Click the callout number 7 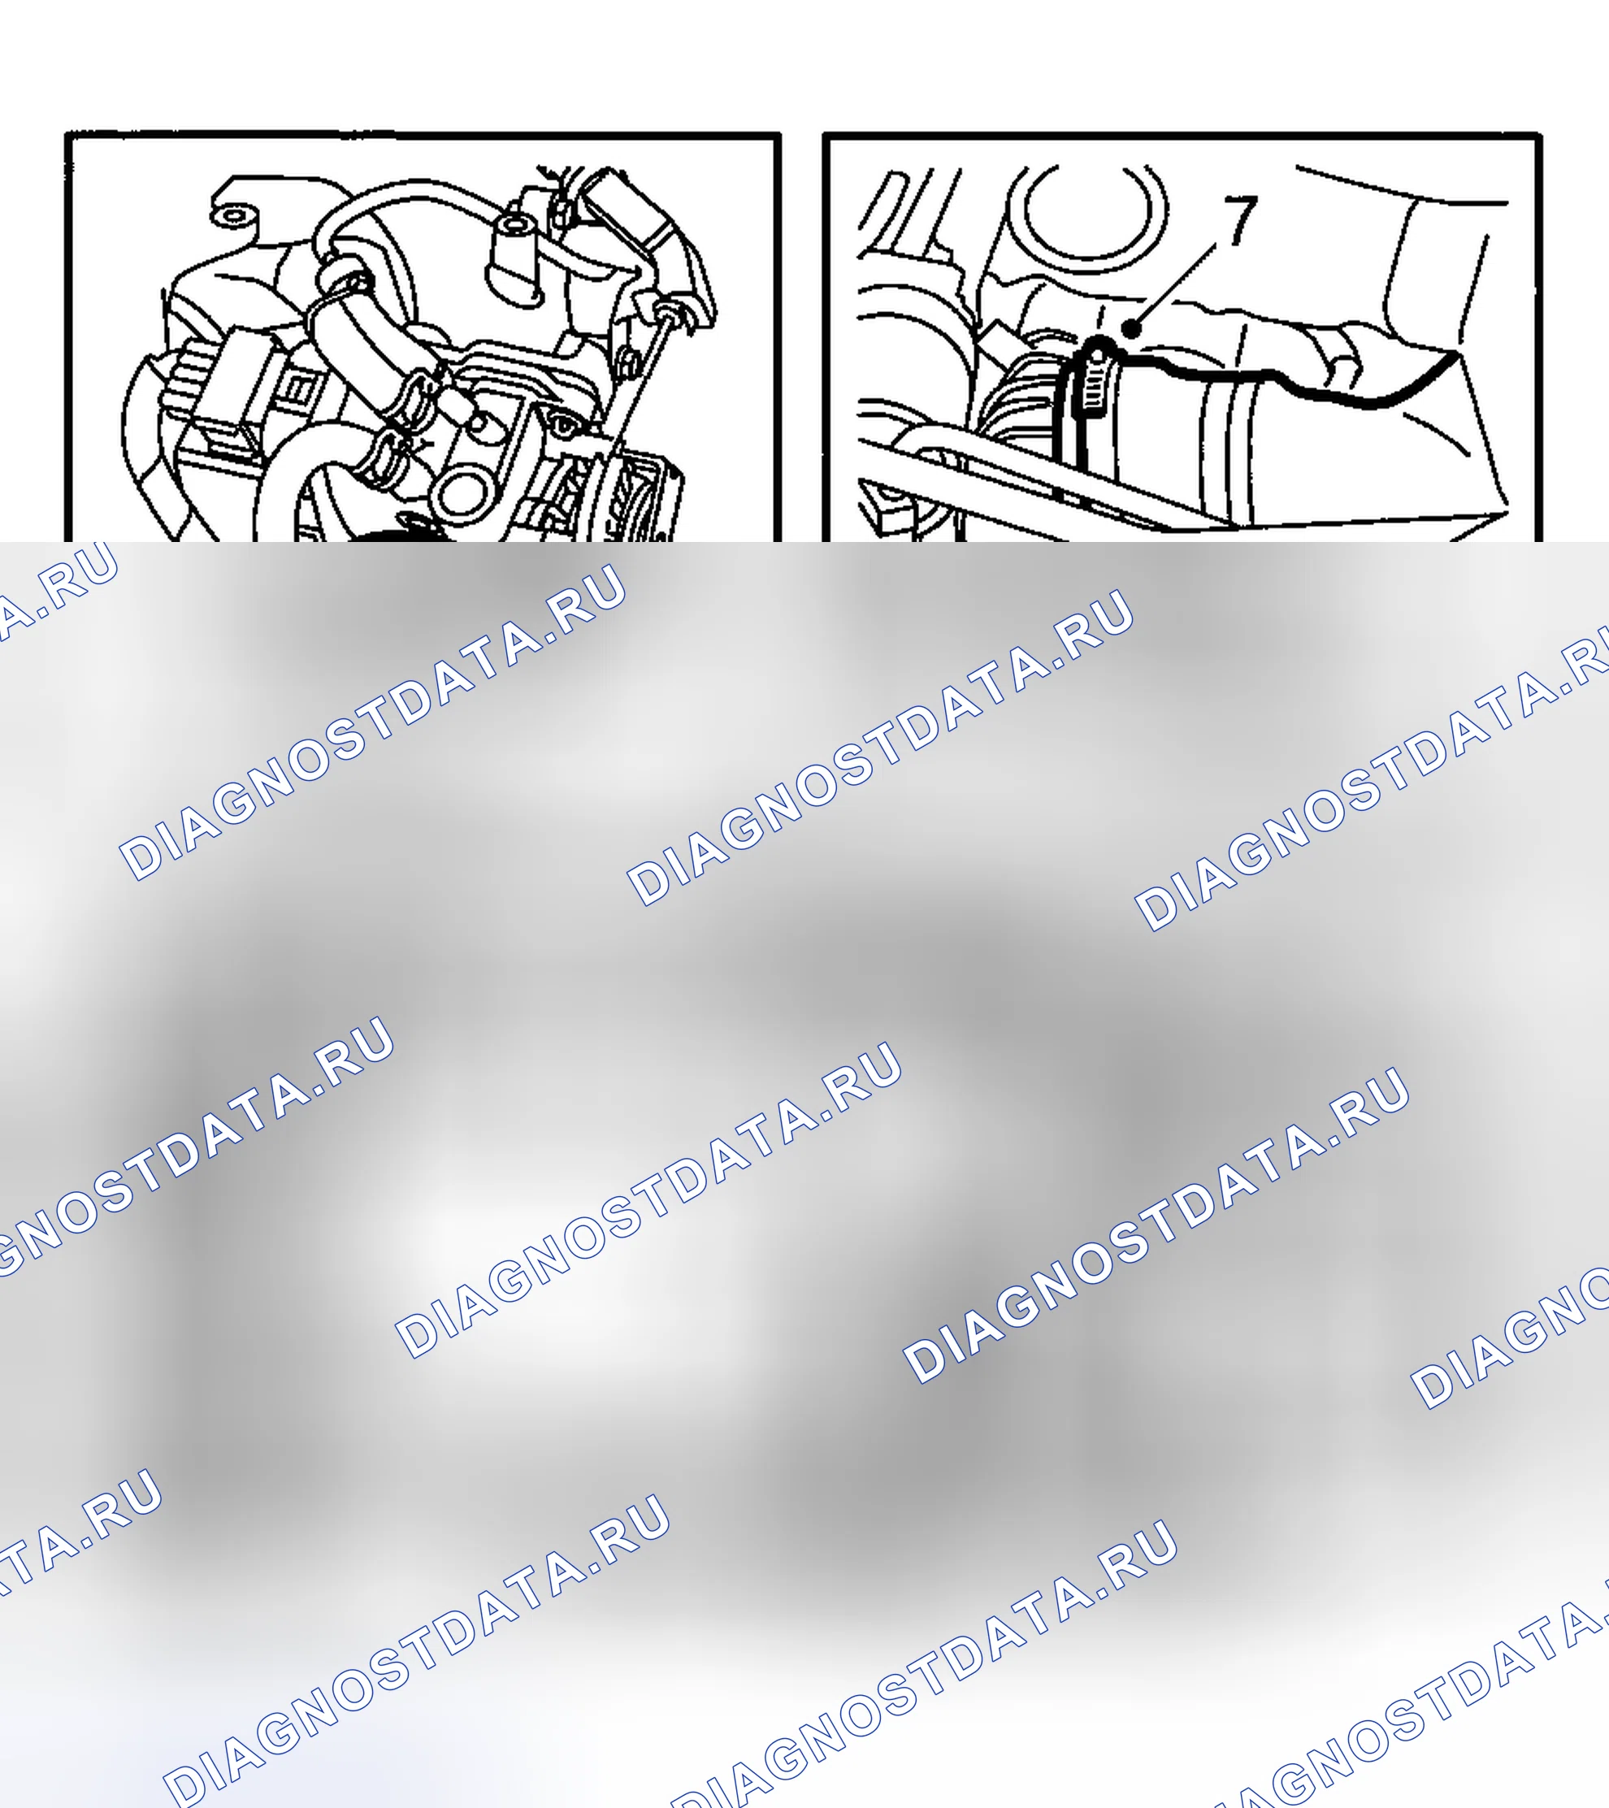[x=1240, y=221]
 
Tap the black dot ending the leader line [x=1131, y=329]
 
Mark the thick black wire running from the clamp [x=1282, y=376]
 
